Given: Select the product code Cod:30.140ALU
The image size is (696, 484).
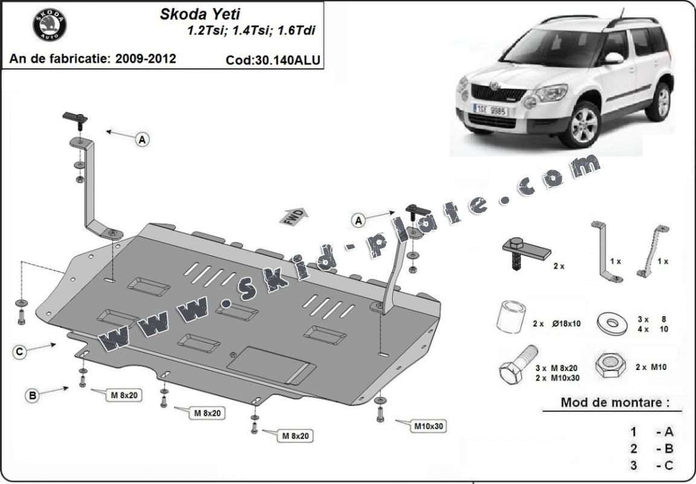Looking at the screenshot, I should (x=272, y=60).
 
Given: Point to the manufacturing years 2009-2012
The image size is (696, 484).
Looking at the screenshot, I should (x=147, y=59).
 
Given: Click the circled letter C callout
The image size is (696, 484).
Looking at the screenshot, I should (x=21, y=351).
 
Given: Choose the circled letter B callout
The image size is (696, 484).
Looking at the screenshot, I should (x=33, y=396).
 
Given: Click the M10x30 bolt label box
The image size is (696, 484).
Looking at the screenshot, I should (x=429, y=426).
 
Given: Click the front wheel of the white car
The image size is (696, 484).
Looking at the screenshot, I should (x=579, y=124).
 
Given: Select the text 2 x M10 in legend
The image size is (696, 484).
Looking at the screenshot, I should (x=651, y=367).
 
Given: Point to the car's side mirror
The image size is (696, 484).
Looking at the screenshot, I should (x=613, y=59).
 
